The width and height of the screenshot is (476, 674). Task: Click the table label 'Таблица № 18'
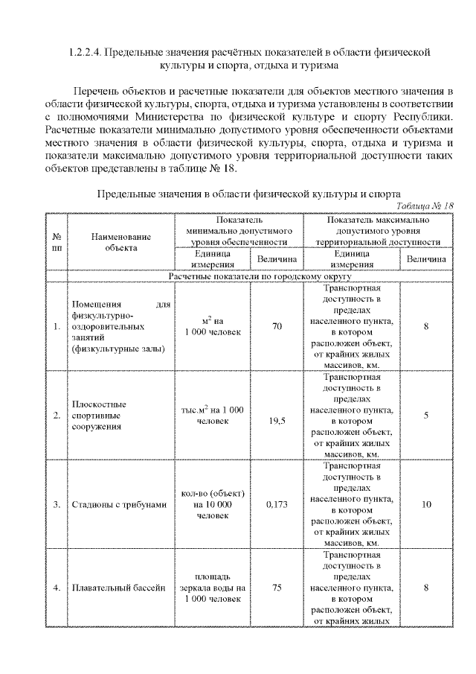coord(425,206)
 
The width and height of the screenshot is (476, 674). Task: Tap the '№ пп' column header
coord(57,241)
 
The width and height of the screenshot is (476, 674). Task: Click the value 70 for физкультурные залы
coord(276,326)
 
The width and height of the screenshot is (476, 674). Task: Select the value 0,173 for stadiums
coord(276,504)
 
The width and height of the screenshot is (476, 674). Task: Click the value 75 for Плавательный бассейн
coord(276,588)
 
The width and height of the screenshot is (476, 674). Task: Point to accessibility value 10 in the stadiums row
coord(426,504)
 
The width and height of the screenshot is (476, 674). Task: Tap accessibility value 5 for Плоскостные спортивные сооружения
coord(426,415)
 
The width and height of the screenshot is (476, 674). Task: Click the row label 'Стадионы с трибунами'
coord(120,504)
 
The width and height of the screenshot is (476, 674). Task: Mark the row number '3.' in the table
coord(57,504)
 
